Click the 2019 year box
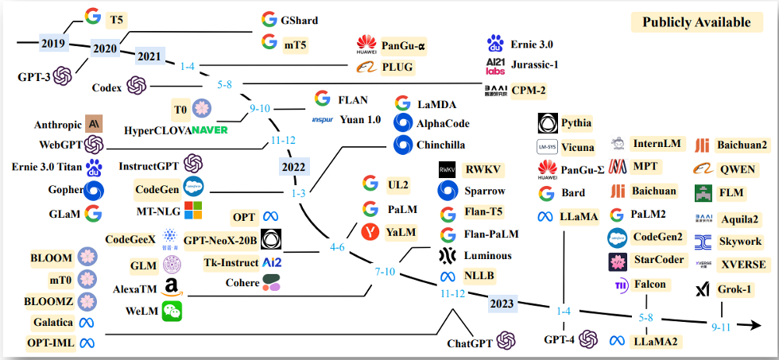pos(53,43)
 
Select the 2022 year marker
pos(293,167)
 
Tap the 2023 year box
pos(502,302)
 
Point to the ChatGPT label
pos(470,343)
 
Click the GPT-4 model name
pos(560,339)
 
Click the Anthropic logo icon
pos(94,124)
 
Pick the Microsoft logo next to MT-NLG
pos(193,210)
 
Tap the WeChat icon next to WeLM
pos(172,312)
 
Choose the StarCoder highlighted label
pos(659,261)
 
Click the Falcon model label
pos(649,285)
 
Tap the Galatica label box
pos(53,322)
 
